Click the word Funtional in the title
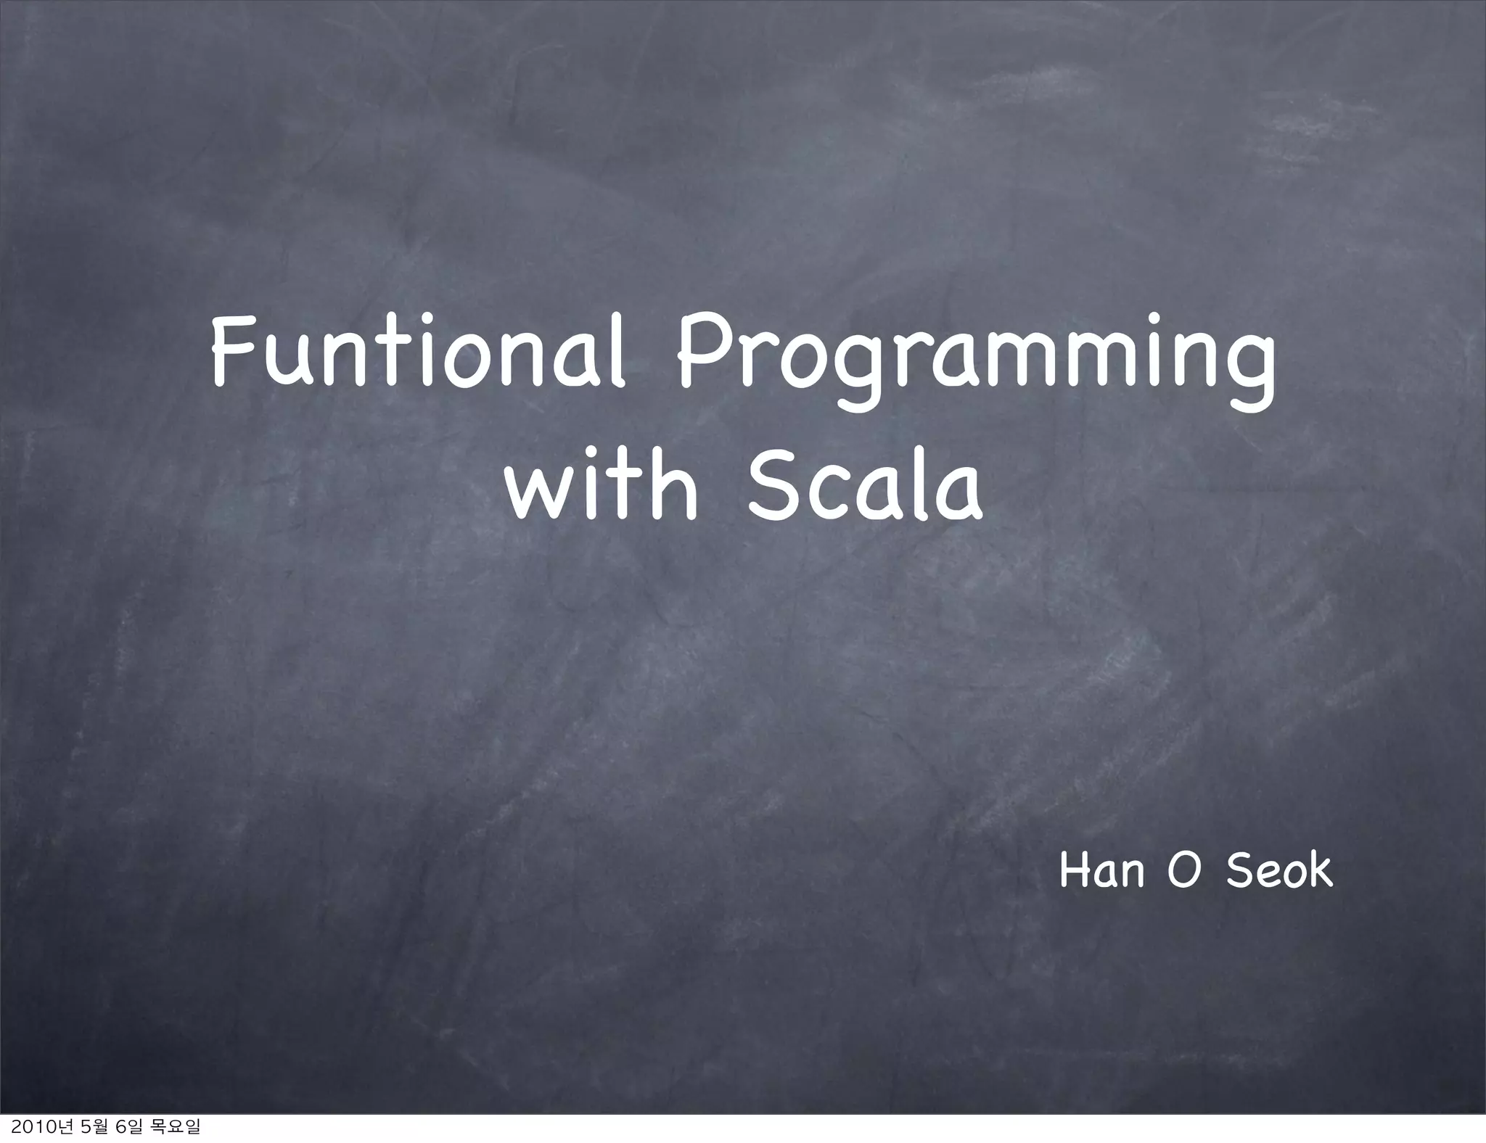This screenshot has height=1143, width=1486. point(418,360)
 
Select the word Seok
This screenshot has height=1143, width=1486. point(1279,871)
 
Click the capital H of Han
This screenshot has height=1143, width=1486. point(1072,871)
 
